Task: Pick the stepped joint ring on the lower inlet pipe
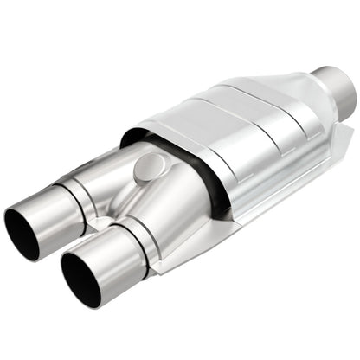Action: tap(138, 245)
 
